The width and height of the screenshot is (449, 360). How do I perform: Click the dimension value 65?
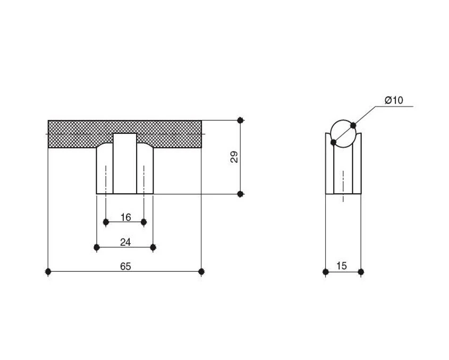coord(125,267)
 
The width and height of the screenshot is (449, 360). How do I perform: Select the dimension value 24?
coord(125,242)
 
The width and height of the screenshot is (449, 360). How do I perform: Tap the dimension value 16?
coord(126,218)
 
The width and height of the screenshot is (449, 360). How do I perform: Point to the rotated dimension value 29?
coord(234,157)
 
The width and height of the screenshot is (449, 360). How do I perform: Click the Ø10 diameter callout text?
coord(394,100)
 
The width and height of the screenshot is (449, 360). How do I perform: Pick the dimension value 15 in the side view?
coord(342,266)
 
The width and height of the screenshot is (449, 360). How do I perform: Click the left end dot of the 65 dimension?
coord(48,271)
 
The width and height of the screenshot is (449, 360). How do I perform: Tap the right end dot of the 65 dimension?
coord(201,271)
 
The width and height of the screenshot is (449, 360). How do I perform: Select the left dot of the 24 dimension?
coord(97,247)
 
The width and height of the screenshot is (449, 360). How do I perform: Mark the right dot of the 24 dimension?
coord(153,247)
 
